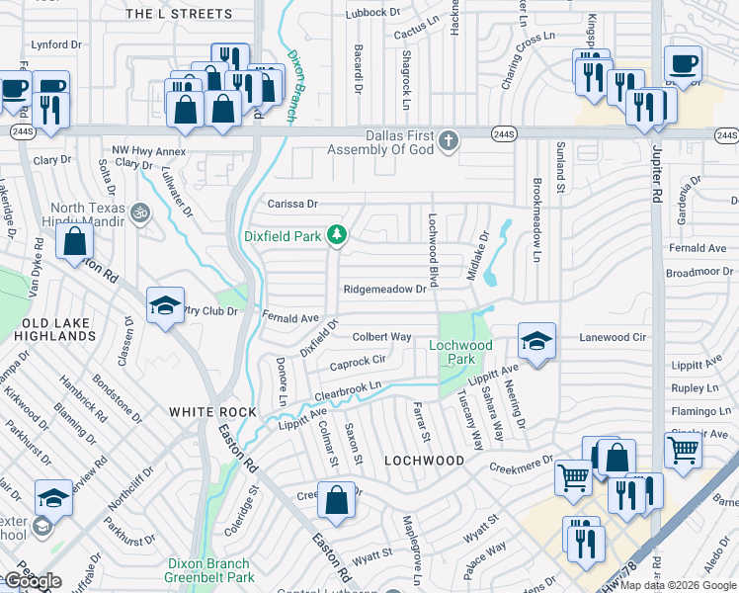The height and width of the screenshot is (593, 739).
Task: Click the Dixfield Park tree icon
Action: [338, 234]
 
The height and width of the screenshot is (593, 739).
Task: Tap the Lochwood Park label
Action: [459, 352]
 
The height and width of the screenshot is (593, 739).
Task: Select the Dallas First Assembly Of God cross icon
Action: [449, 139]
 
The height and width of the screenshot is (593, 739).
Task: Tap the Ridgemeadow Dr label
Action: [384, 290]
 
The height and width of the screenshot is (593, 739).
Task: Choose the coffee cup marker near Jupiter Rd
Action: [683, 65]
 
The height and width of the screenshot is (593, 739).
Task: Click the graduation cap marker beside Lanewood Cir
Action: [536, 342]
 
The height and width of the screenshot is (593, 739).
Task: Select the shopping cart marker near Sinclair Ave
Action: [684, 451]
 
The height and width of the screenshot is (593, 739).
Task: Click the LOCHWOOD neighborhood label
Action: [424, 461]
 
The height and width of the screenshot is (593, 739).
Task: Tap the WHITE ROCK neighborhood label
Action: [212, 412]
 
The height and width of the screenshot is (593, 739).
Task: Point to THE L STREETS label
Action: [180, 14]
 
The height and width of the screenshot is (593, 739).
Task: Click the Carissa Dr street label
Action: [293, 205]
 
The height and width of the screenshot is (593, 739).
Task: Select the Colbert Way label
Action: [381, 337]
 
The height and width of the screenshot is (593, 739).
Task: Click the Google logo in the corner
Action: [33, 581]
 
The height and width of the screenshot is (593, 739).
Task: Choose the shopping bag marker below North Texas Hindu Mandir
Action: [75, 242]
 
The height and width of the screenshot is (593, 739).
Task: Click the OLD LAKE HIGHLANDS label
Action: [58, 329]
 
